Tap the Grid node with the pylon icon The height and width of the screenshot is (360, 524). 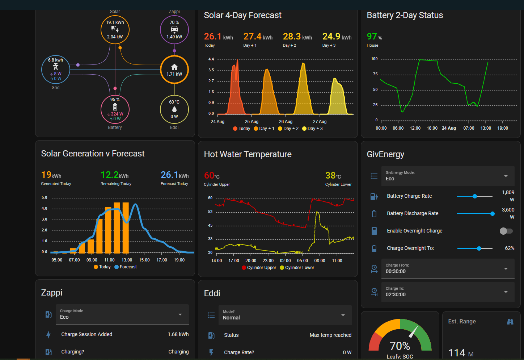point(56,70)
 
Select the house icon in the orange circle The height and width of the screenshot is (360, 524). point(174,67)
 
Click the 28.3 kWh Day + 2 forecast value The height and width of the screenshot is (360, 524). point(297,37)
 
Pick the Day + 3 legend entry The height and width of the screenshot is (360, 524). point(312,129)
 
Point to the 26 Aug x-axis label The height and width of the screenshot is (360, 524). point(286,121)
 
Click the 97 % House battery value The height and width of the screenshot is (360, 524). point(374,37)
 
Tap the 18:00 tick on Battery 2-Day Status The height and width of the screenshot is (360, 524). point(432,128)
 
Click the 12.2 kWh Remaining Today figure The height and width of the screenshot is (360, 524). point(115,175)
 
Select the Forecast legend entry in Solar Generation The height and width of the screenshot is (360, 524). point(126,267)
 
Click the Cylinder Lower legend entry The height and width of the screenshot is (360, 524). point(297,268)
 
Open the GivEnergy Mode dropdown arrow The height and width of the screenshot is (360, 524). point(506,176)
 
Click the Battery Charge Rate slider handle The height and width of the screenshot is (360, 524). point(475,196)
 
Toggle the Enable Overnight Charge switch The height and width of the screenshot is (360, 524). point(506,231)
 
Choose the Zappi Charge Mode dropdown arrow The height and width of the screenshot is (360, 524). point(180,314)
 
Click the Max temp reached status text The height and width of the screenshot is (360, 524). point(330,335)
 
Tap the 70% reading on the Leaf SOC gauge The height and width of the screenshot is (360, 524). point(400,346)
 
